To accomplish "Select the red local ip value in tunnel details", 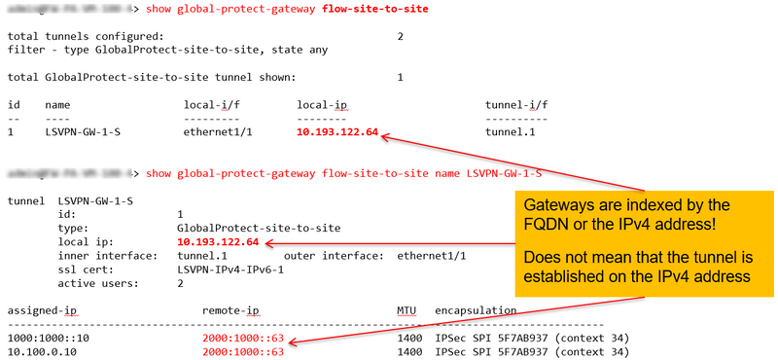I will [x=218, y=242].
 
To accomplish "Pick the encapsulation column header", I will [x=476, y=311].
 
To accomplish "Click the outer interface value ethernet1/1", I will [x=432, y=256].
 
